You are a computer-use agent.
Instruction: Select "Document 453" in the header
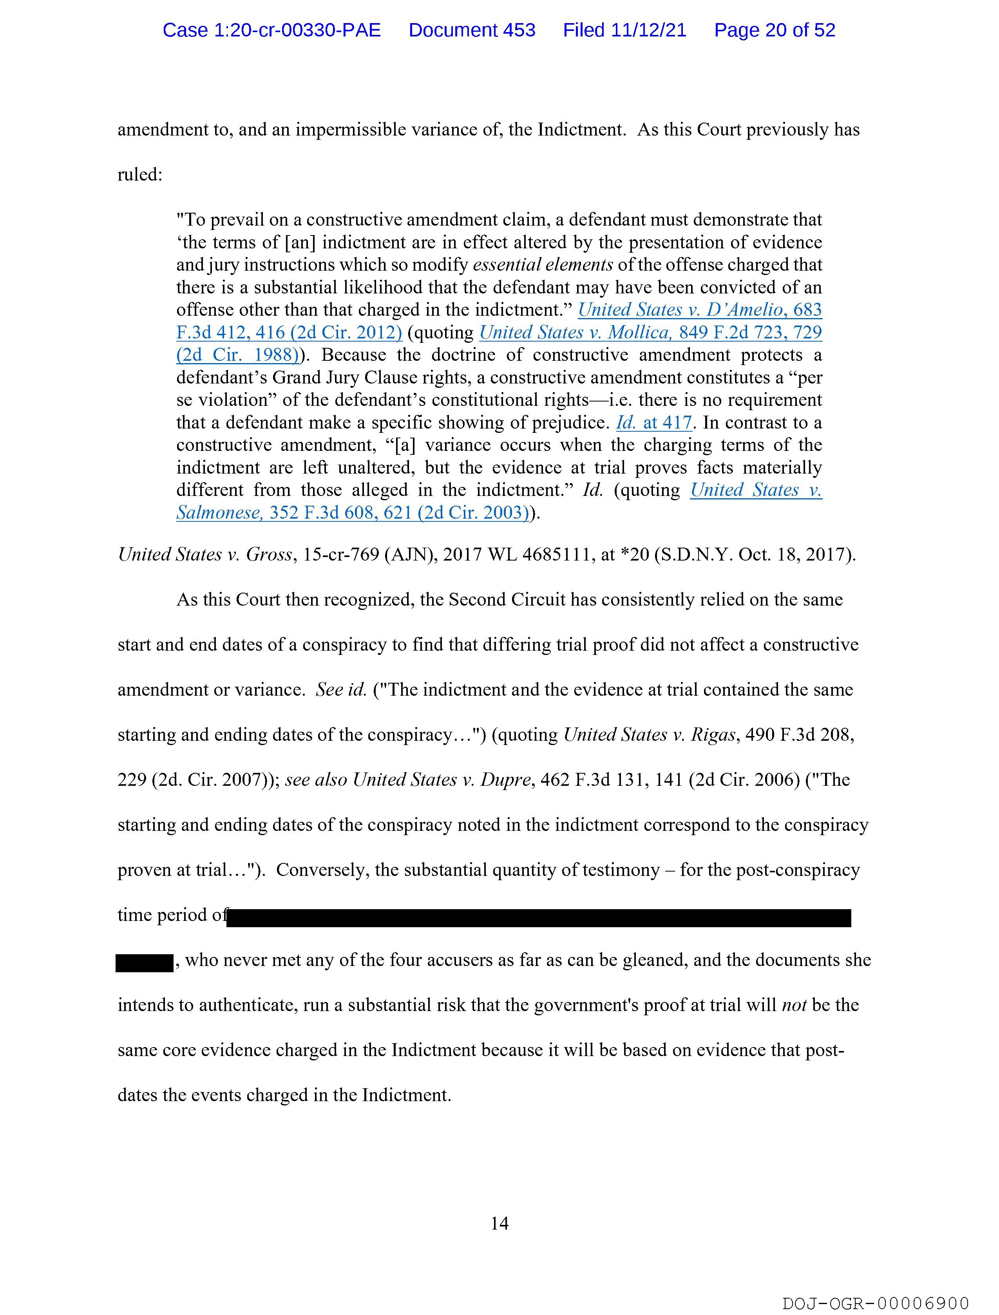click(472, 30)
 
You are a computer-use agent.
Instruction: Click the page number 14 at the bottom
click(499, 1223)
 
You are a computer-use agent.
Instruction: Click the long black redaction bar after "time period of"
click(538, 917)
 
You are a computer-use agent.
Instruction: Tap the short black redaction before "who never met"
click(144, 962)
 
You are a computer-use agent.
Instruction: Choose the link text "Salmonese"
click(219, 512)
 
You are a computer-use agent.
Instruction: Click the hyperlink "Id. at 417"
click(653, 423)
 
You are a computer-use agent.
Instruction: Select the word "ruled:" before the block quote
click(140, 175)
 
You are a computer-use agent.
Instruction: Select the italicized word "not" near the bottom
click(793, 1005)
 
